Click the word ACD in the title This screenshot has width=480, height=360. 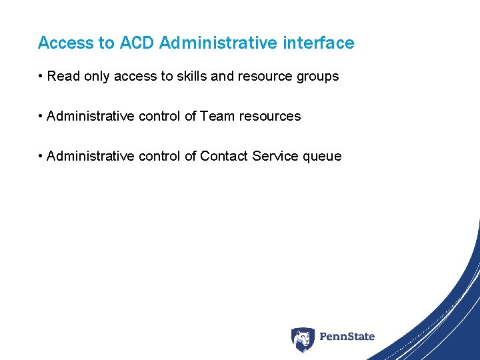pyautogui.click(x=137, y=43)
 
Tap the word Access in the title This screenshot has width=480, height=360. pyautogui.click(x=67, y=43)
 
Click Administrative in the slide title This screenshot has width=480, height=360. pyautogui.click(x=219, y=43)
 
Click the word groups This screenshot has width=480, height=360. pyautogui.click(x=317, y=77)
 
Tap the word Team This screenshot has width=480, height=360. pyautogui.click(x=217, y=116)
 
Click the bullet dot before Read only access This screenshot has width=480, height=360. pyautogui.click(x=41, y=77)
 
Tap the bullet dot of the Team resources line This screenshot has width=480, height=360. pyautogui.click(x=41, y=117)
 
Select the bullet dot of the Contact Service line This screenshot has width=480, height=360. pyautogui.click(x=41, y=157)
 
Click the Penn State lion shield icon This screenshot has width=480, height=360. pyautogui.click(x=303, y=339)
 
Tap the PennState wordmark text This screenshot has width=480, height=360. pyautogui.click(x=347, y=337)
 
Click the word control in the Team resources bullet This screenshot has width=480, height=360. pyautogui.click(x=159, y=116)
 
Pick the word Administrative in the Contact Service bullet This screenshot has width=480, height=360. pyautogui.click(x=91, y=156)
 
